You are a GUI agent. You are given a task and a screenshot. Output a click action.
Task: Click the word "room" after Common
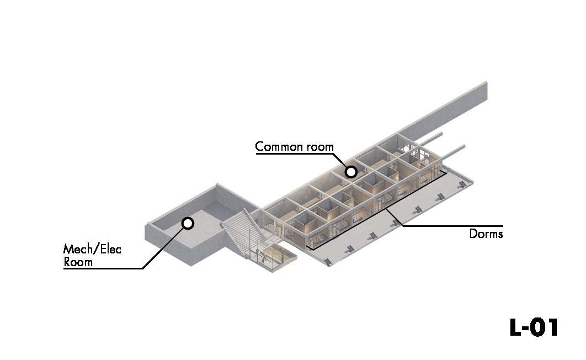tap(320, 147)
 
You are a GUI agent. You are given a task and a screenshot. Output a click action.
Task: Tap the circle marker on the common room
tap(350, 172)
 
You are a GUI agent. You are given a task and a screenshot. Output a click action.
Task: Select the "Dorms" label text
tap(486, 234)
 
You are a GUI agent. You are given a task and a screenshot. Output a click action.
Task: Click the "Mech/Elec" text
tap(92, 249)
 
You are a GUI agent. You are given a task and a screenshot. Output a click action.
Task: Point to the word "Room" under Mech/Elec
tap(78, 262)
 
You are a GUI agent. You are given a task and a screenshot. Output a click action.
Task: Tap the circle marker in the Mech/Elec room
tap(188, 223)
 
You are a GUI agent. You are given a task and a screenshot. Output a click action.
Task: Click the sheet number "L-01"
tap(534, 327)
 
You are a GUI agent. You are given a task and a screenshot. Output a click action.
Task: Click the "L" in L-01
tap(515, 327)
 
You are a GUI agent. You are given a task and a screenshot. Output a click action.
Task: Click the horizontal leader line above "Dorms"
tap(452, 226)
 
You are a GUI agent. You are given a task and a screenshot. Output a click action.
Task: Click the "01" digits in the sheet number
tap(546, 327)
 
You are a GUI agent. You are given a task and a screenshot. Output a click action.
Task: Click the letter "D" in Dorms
tap(473, 234)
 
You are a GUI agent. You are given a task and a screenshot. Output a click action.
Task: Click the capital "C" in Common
tap(259, 147)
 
